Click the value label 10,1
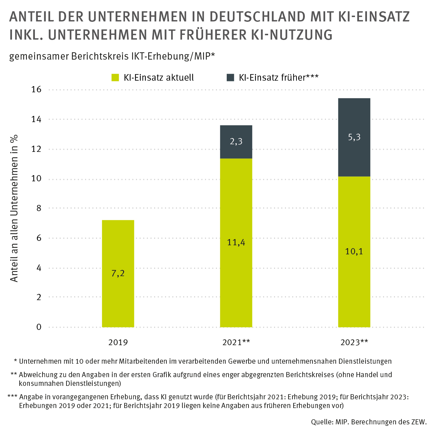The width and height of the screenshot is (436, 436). click(x=354, y=251)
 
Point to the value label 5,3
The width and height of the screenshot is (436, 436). click(x=354, y=137)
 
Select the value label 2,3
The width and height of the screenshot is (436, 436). click(x=236, y=142)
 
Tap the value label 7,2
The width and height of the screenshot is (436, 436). click(x=118, y=273)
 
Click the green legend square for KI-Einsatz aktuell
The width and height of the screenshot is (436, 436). click(x=115, y=77)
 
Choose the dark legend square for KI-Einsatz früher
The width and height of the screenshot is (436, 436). click(x=230, y=77)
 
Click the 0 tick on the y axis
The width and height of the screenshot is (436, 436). click(x=39, y=327)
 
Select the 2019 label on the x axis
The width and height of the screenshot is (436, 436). click(x=118, y=342)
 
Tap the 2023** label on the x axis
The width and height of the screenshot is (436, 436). click(x=354, y=342)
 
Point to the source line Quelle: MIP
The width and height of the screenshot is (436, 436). click(x=368, y=422)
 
